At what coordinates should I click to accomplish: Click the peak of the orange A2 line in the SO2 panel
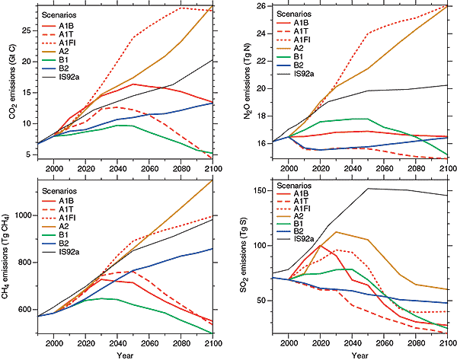336,232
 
